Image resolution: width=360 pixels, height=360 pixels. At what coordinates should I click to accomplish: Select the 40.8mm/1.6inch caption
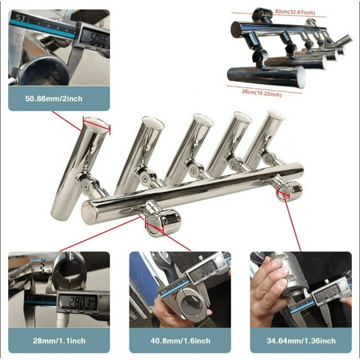[179, 341]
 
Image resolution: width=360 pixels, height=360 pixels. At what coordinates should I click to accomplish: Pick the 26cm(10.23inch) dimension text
[261, 94]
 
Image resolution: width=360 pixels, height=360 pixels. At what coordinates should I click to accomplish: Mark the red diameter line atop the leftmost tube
[97, 125]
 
